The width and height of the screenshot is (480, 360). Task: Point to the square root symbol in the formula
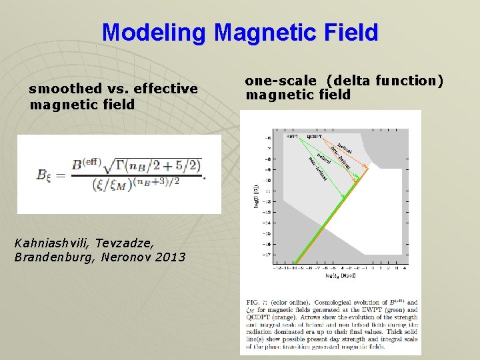(x=111, y=163)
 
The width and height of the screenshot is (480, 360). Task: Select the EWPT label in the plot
(x=291, y=136)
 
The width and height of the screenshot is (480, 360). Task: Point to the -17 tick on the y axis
(x=267, y=254)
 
